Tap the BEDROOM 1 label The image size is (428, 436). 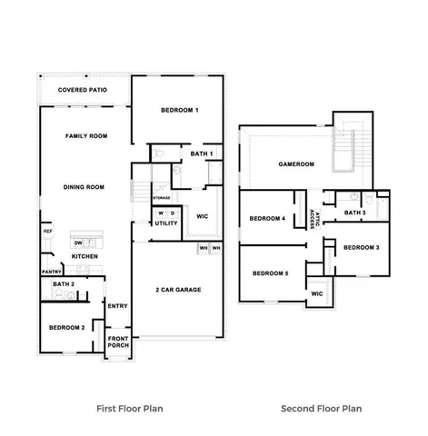[x=180, y=110]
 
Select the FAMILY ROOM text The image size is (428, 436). [x=86, y=135]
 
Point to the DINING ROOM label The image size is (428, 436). [x=84, y=187]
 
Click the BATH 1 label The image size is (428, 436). [x=201, y=154]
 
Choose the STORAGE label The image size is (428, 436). [x=161, y=197]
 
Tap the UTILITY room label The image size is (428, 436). [x=166, y=223]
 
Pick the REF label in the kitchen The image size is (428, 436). [x=47, y=232]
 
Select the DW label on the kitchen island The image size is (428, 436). [x=79, y=243]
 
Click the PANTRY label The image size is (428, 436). [x=50, y=271]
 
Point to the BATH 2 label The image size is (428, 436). [x=63, y=284]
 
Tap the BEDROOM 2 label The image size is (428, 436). [x=66, y=327]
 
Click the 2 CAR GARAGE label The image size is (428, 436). [x=177, y=290]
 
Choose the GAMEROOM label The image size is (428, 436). [x=295, y=164]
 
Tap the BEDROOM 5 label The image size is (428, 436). [x=270, y=273]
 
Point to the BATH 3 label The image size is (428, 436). [x=355, y=213]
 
